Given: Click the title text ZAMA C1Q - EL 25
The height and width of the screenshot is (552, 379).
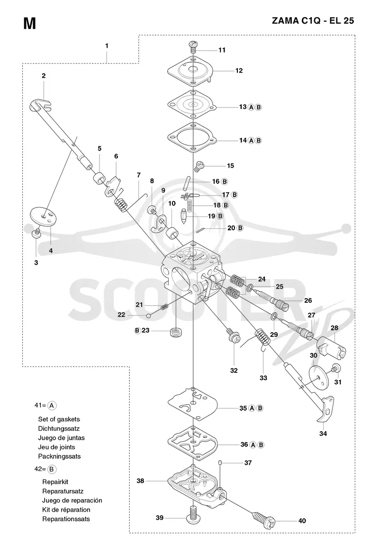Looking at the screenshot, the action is (313, 21).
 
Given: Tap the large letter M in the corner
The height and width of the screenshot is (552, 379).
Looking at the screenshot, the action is (29, 24).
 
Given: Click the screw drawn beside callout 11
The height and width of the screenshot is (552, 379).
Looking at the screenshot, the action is (193, 46).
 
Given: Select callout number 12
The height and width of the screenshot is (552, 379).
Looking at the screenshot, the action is (239, 71).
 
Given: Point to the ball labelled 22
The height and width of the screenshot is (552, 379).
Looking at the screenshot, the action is (149, 316).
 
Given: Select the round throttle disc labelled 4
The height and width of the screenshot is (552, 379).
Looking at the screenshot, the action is (45, 216).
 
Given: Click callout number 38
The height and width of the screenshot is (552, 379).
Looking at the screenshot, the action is (140, 480).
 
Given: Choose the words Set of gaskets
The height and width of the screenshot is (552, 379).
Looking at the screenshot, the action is (59, 419).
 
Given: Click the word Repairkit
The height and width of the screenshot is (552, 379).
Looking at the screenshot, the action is (55, 481).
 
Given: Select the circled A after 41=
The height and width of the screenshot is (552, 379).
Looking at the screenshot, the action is (52, 406).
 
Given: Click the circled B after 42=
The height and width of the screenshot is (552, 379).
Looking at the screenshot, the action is (51, 469).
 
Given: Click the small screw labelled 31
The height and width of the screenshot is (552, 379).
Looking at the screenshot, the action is (336, 369).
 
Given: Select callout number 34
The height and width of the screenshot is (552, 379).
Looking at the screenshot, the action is (323, 434).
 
